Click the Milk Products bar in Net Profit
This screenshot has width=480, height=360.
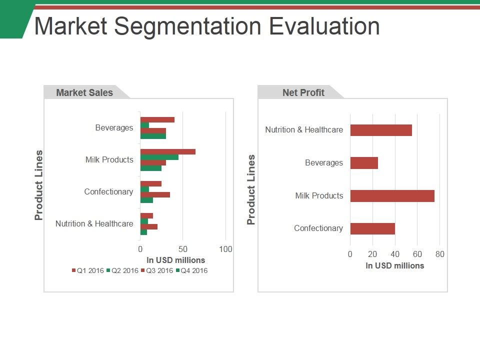pyautogui.click(x=392, y=196)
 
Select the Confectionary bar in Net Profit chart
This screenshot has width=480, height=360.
pyautogui.click(x=372, y=229)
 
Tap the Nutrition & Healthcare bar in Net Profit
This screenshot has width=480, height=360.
pyautogui.click(x=381, y=130)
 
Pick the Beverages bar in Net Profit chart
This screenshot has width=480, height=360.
pyautogui.click(x=364, y=163)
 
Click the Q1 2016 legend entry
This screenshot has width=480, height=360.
pyautogui.click(x=88, y=271)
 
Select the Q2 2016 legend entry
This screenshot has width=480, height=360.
pyautogui.click(x=122, y=271)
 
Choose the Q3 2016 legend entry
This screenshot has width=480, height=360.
pyautogui.click(x=157, y=271)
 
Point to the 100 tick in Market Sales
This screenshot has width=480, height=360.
pyautogui.click(x=225, y=249)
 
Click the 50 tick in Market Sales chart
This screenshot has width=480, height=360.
pyautogui.click(x=183, y=249)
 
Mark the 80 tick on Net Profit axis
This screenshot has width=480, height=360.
pyautogui.click(x=440, y=254)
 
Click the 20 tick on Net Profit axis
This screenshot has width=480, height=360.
pyautogui.click(x=372, y=254)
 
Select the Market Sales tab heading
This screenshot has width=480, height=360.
pyautogui.click(x=84, y=92)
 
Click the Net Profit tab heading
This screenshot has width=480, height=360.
pyautogui.click(x=303, y=92)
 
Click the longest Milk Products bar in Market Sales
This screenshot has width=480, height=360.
pyautogui.click(x=167, y=151)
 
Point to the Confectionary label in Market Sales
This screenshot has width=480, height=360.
pyautogui.click(x=108, y=192)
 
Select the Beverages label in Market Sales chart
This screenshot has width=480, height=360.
pyautogui.click(x=114, y=128)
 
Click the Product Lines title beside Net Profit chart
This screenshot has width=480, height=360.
pyautogui.click(x=251, y=189)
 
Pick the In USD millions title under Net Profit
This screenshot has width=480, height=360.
pyautogui.click(x=394, y=266)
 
